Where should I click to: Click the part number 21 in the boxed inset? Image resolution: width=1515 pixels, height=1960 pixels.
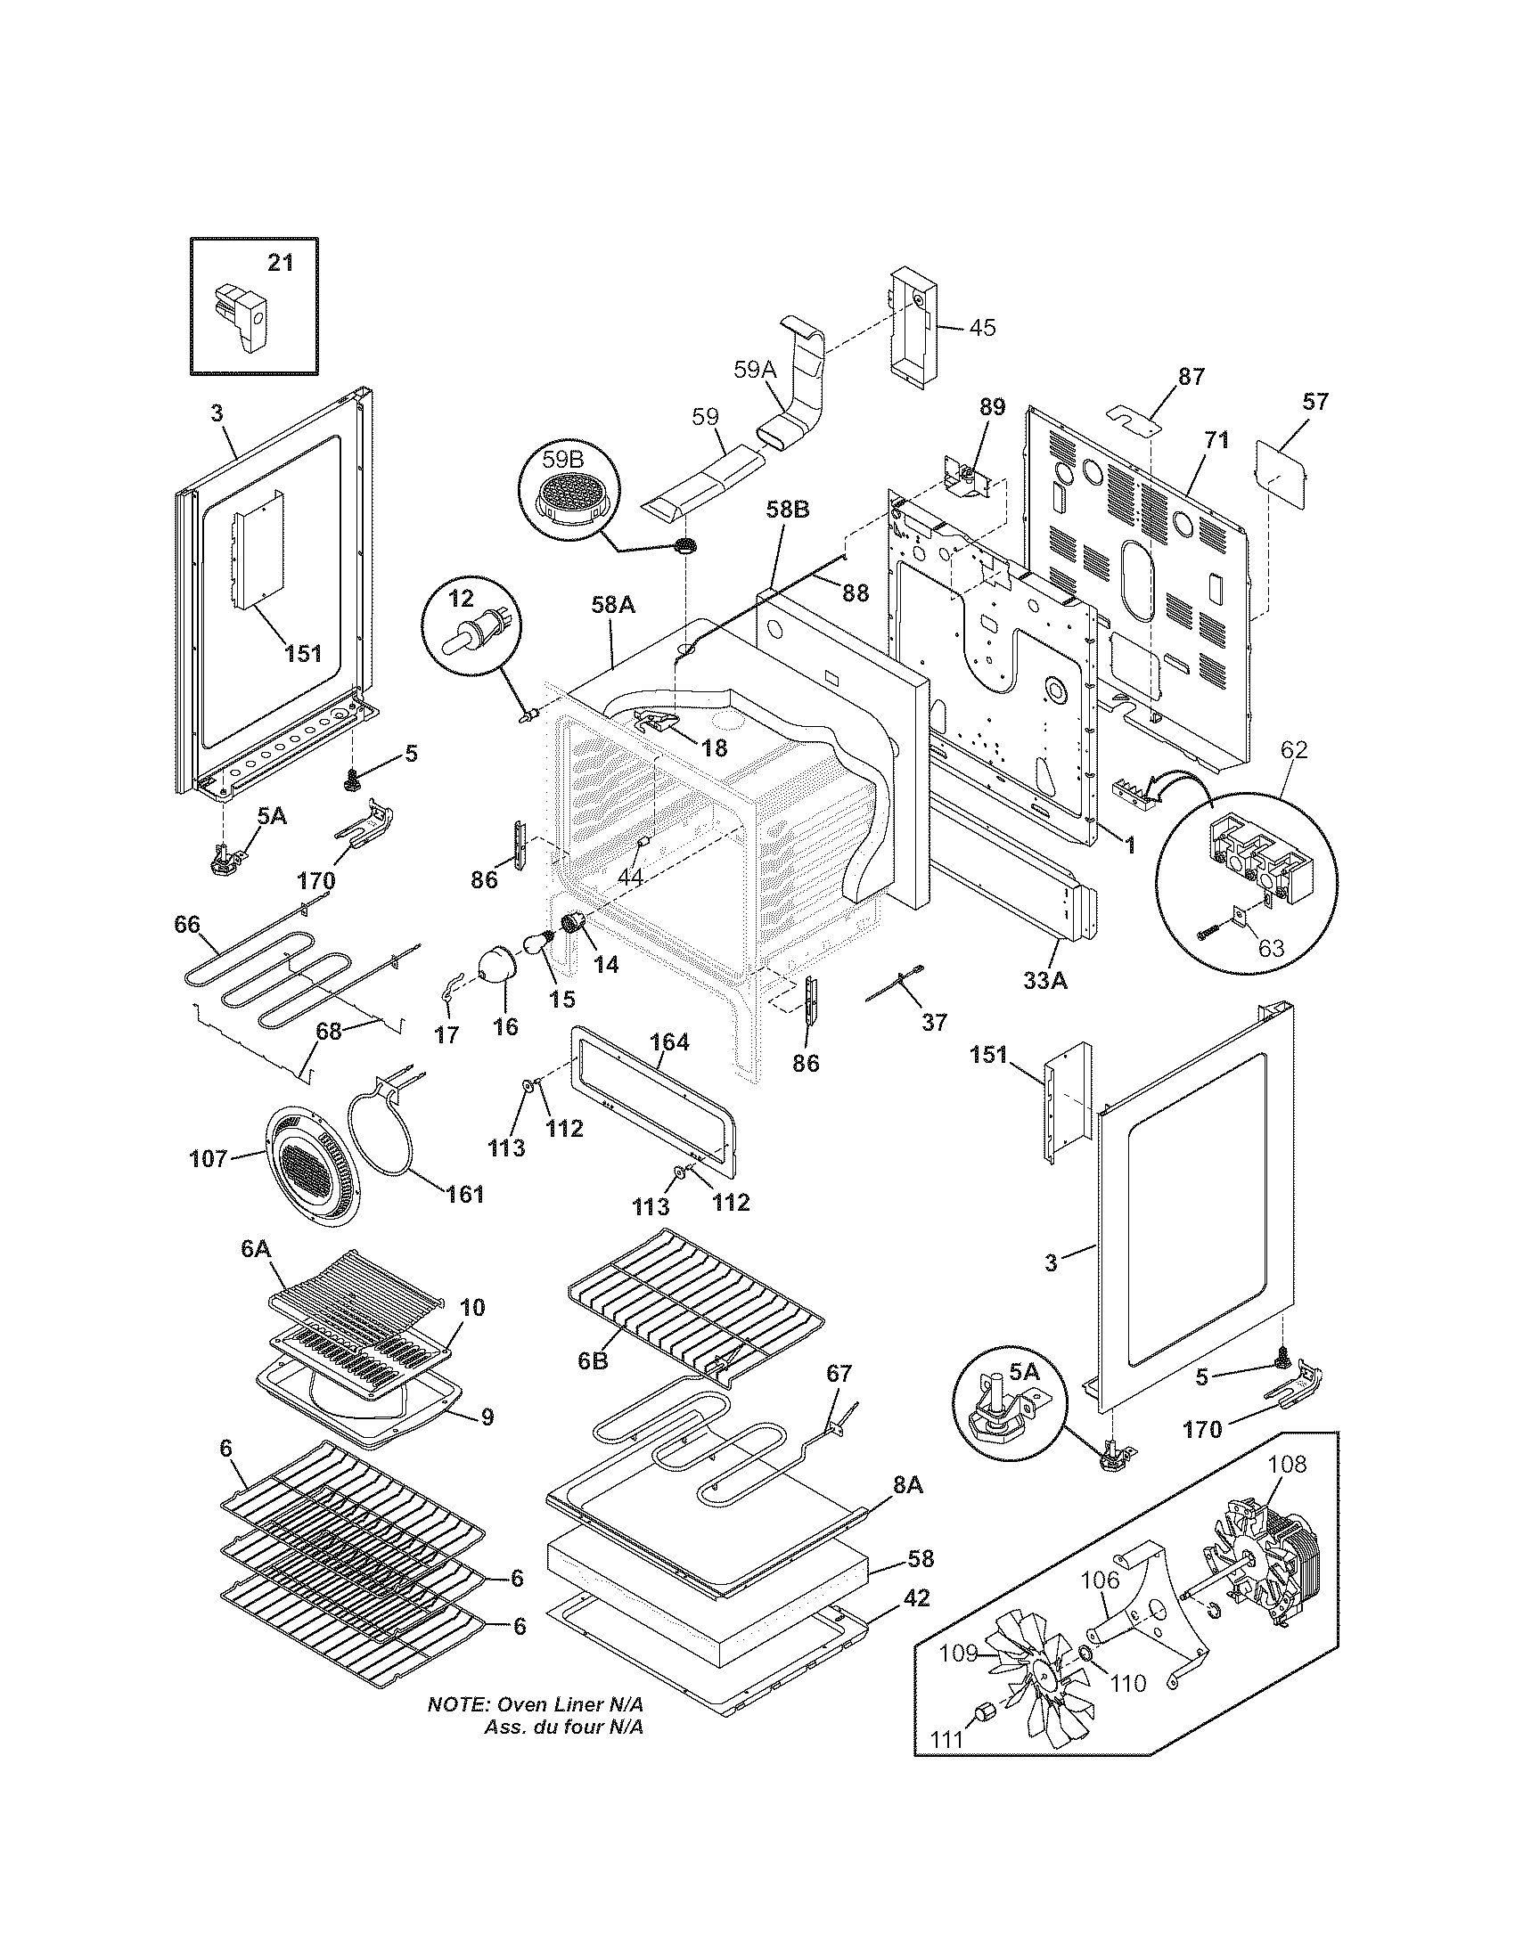click(281, 263)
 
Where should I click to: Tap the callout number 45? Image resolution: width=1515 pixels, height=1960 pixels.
click(983, 328)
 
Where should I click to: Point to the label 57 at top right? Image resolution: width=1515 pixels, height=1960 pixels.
click(1314, 401)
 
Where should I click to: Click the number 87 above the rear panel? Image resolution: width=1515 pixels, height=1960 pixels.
click(1191, 377)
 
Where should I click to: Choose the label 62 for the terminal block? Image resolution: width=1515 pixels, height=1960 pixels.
click(1294, 749)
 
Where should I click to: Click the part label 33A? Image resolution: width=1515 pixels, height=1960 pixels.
click(1045, 981)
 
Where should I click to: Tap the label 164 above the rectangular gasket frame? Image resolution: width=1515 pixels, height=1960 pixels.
click(669, 1042)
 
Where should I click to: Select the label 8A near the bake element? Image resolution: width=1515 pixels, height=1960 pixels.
click(908, 1485)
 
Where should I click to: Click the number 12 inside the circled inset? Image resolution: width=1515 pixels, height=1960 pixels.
click(461, 595)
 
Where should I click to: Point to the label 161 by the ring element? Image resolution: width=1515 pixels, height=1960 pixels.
click(466, 1194)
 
